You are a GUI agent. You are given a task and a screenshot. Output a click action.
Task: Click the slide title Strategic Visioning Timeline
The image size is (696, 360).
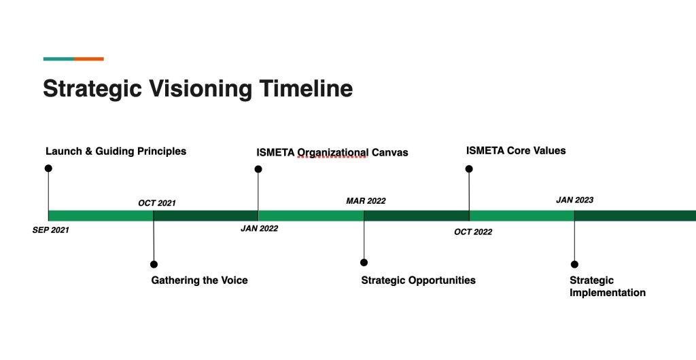198,89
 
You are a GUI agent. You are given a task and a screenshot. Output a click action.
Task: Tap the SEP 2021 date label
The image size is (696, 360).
51,230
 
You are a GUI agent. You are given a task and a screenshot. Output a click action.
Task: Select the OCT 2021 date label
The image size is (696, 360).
157,203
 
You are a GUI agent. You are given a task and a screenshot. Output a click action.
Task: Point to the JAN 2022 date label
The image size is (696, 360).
259,229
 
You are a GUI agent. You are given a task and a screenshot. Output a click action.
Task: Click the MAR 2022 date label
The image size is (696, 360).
366,201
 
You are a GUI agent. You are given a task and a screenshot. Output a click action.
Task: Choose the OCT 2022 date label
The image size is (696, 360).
473,232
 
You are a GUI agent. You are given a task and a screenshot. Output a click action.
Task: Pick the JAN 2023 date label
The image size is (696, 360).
574,200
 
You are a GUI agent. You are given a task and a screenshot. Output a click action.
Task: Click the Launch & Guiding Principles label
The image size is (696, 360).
116,151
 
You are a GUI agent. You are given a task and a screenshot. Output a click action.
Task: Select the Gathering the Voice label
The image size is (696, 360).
199,281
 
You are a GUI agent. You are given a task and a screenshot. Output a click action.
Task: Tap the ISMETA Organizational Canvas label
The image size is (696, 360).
332,152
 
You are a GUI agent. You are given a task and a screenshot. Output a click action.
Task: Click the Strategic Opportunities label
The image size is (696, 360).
418,281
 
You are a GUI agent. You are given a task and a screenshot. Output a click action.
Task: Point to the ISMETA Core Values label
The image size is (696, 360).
516,151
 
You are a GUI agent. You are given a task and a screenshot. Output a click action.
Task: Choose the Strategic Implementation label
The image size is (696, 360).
607,287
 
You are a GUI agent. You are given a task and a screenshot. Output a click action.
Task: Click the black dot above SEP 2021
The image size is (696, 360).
48,168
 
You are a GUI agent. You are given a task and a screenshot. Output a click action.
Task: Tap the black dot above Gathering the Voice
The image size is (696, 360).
154,264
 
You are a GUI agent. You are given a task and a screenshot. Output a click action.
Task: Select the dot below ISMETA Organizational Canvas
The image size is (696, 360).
258,169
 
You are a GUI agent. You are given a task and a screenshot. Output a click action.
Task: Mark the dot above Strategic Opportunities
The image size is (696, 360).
364,262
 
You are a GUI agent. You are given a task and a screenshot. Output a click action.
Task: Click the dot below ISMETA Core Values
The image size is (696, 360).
469,168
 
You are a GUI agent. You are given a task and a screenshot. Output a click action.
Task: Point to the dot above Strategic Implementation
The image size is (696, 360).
574,264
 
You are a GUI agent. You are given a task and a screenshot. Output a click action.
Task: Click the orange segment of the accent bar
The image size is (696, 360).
89,59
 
